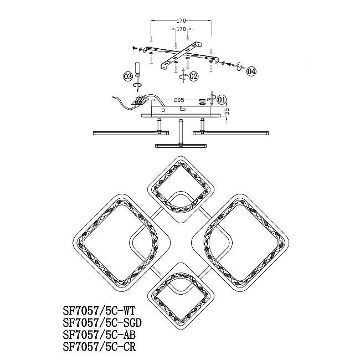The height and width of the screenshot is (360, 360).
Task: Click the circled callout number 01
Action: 222,100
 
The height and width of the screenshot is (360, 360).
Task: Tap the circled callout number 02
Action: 193,76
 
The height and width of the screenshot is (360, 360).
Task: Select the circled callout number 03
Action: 127,76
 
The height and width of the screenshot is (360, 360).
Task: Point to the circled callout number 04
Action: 251,71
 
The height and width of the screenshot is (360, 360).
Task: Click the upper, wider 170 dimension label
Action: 181,21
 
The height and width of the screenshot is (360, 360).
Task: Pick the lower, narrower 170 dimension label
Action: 181,29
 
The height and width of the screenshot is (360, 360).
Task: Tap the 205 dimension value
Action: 179,100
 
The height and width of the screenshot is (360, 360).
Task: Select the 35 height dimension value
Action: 227,112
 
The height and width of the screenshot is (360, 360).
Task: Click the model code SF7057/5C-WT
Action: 99,311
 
